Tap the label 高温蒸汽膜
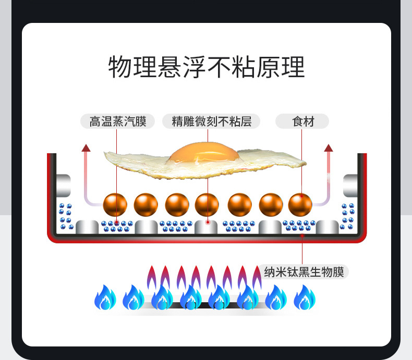pyautogui.click(x=118, y=121)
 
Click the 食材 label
pyautogui.click(x=302, y=121)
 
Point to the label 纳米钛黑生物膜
pyautogui.click(x=305, y=271)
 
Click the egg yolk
pyautogui.click(x=203, y=153)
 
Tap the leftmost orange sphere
pyautogui.click(x=115, y=205)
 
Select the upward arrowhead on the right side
pyautogui.click(x=329, y=148)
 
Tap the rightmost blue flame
pyautogui.click(x=304, y=298)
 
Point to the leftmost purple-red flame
pyautogui.click(x=152, y=277)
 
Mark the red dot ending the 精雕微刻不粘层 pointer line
pyautogui.click(x=208, y=222)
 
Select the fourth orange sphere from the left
pyautogui.click(x=207, y=205)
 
